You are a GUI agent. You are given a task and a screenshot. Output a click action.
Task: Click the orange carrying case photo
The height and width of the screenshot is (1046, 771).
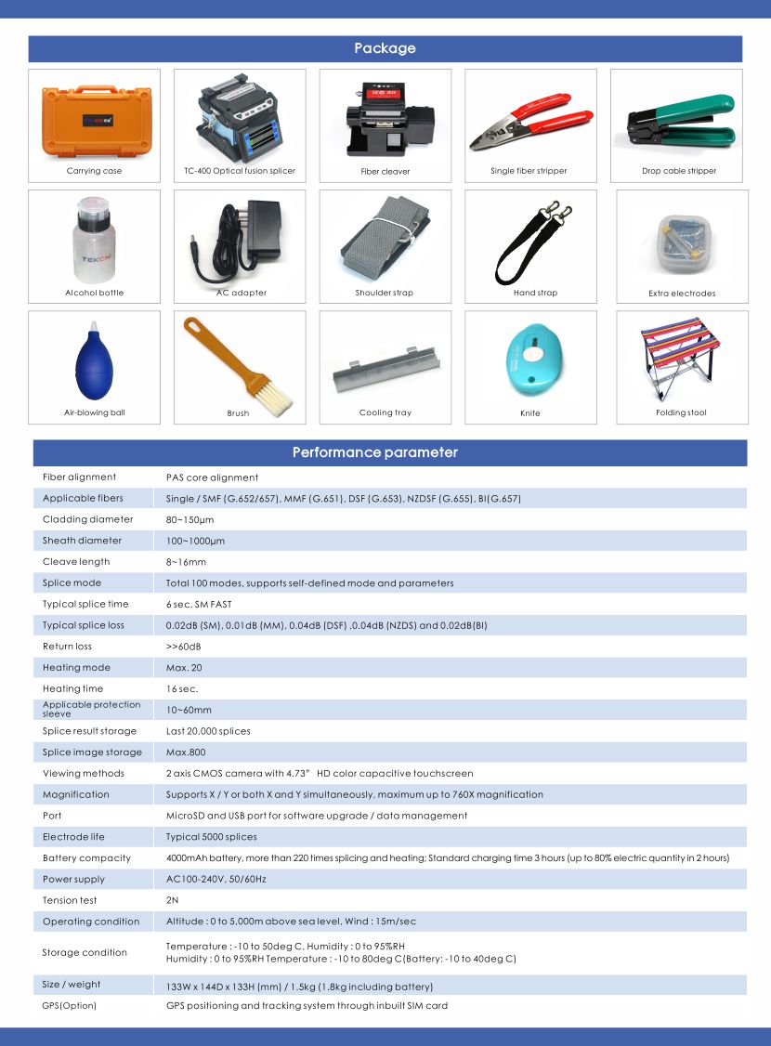[93, 120]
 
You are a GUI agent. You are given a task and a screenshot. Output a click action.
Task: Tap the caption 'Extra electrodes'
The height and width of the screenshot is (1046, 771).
[682, 294]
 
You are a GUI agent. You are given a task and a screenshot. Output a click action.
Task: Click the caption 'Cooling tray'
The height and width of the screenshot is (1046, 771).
[385, 412]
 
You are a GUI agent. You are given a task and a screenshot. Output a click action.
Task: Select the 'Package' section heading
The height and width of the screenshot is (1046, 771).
[385, 48]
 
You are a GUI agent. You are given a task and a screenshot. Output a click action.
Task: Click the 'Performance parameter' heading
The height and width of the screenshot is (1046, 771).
[375, 452]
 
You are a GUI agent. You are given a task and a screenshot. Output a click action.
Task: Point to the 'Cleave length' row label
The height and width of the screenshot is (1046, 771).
[76, 562]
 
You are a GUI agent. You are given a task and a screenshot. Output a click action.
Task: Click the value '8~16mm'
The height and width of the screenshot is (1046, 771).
[186, 562]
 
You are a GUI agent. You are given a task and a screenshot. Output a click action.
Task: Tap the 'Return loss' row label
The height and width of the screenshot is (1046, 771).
[67, 647]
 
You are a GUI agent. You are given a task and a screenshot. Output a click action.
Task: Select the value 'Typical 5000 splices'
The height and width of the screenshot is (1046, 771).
[211, 837]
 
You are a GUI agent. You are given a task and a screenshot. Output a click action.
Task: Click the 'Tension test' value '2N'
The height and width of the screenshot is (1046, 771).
[172, 900]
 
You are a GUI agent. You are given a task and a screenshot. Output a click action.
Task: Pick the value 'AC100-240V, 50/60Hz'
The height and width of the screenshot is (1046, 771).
[216, 879]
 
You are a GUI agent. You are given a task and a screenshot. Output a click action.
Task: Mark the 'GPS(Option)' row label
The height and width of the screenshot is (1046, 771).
[70, 1005]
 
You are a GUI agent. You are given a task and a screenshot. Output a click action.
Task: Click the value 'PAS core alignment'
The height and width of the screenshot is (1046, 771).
[212, 477]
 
